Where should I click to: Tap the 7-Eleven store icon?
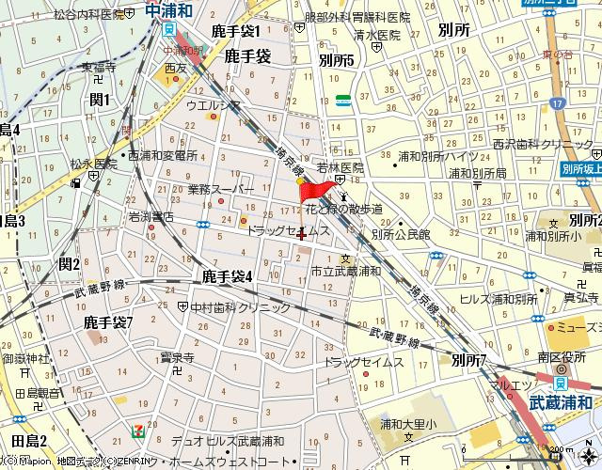click(138, 429)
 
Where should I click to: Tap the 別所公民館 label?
click(400, 235)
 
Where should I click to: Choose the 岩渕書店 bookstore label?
click(151, 217)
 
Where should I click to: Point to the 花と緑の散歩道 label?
click(343, 210)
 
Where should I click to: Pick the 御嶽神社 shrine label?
click(24, 359)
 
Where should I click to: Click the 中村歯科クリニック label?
click(241, 307)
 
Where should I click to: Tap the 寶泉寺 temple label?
click(176, 357)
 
